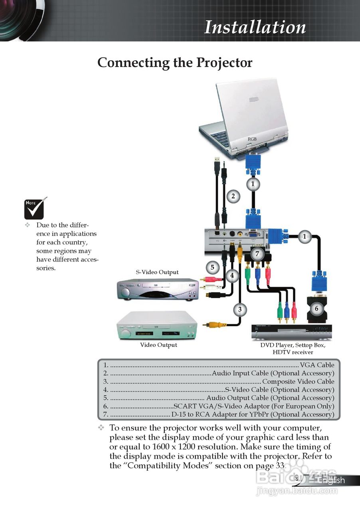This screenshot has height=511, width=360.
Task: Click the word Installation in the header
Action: [x=255, y=27]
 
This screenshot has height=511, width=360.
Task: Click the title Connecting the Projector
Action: [x=175, y=63]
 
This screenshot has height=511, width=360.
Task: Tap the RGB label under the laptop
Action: [x=252, y=139]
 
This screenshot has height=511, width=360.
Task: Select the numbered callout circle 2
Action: [x=233, y=196]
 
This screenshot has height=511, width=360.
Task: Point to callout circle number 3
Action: [x=239, y=309]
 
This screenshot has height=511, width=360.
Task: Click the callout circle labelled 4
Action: [x=232, y=275]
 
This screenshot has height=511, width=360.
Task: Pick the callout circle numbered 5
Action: [x=212, y=267]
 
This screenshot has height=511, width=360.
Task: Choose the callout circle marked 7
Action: [x=257, y=254]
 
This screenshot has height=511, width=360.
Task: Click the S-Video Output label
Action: [x=157, y=272]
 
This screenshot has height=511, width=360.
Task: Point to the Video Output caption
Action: [x=158, y=345]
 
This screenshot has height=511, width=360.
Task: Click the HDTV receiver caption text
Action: [x=293, y=352]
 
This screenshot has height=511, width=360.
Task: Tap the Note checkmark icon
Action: [x=35, y=208]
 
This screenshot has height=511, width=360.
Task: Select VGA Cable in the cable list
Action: [x=317, y=365]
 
